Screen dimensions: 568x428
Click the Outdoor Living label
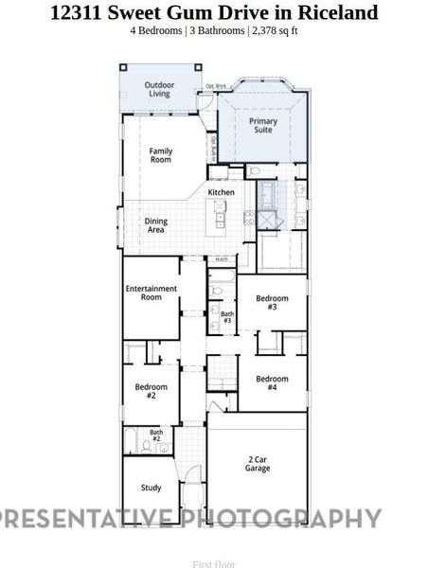159,89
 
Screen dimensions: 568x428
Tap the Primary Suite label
263,126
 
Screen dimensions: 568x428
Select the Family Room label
161,155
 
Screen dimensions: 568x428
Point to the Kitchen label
222,192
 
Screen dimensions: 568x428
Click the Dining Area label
155,225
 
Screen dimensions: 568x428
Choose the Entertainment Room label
152,293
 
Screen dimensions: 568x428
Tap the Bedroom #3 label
272,302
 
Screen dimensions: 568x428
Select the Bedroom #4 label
272,383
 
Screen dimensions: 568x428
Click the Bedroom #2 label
151,390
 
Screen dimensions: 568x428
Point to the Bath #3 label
227,317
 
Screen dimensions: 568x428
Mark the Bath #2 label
156,435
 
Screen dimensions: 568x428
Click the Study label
152,488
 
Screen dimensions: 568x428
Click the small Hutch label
221,258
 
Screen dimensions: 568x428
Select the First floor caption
213,563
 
